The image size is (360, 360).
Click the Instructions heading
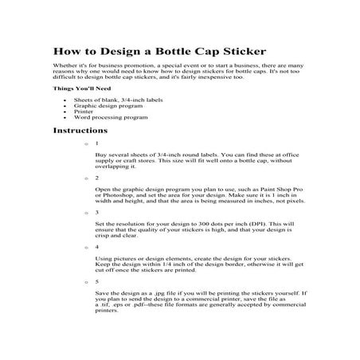[80, 129]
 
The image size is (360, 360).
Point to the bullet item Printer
[84, 111]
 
